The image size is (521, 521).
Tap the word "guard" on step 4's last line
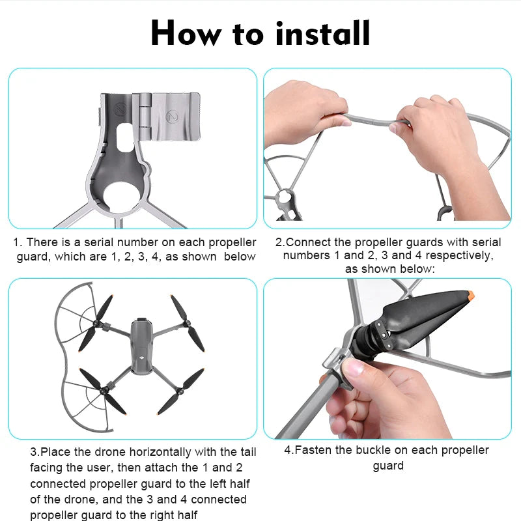tap(388, 466)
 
